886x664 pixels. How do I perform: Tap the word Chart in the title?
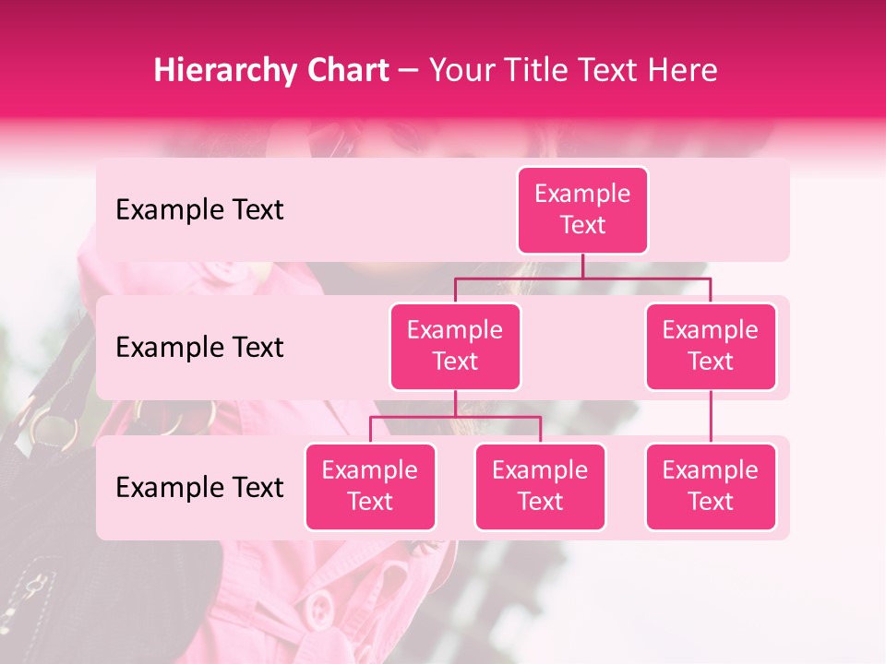tap(342, 71)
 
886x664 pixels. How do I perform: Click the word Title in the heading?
tap(544, 71)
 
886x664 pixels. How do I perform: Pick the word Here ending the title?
tap(682, 71)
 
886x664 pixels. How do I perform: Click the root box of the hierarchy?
tap(582, 209)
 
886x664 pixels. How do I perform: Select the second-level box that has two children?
tap(455, 346)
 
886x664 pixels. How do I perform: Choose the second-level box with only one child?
tap(711, 346)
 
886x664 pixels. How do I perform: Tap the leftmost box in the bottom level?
tap(370, 486)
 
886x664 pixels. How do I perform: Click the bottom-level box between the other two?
tap(540, 486)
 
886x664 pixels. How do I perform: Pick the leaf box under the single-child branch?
tap(711, 486)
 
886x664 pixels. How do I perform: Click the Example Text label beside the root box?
tap(199, 209)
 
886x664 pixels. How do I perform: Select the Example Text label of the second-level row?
tap(199, 347)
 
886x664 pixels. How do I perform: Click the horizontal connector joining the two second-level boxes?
tap(582, 278)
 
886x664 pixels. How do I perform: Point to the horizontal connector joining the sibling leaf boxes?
tap(455, 417)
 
